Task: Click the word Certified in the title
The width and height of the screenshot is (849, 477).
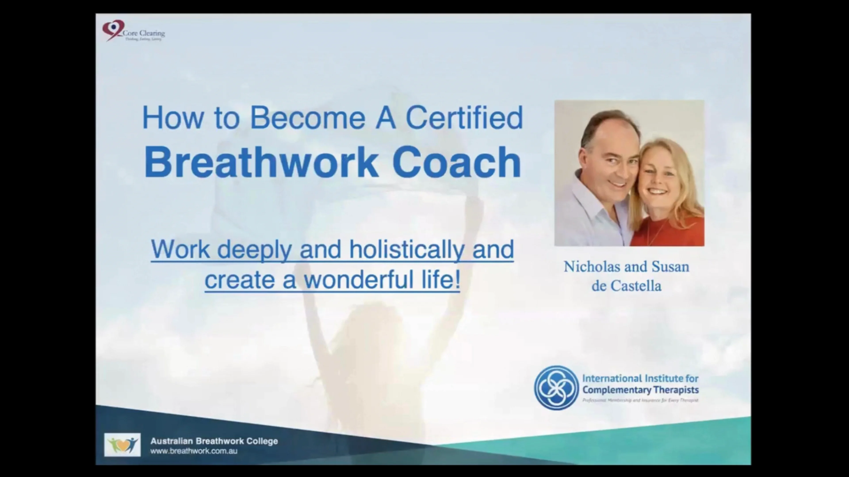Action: tap(464, 118)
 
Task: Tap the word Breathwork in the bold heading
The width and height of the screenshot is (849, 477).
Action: tap(261, 162)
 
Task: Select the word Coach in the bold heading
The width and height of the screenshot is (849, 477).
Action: tap(457, 162)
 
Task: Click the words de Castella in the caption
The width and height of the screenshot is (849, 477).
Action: tap(626, 286)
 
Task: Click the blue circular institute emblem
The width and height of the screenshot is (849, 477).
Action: tap(556, 388)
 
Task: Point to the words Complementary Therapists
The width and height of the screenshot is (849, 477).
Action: tap(640, 390)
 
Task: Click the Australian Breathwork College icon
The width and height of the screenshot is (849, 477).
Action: tap(122, 445)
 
